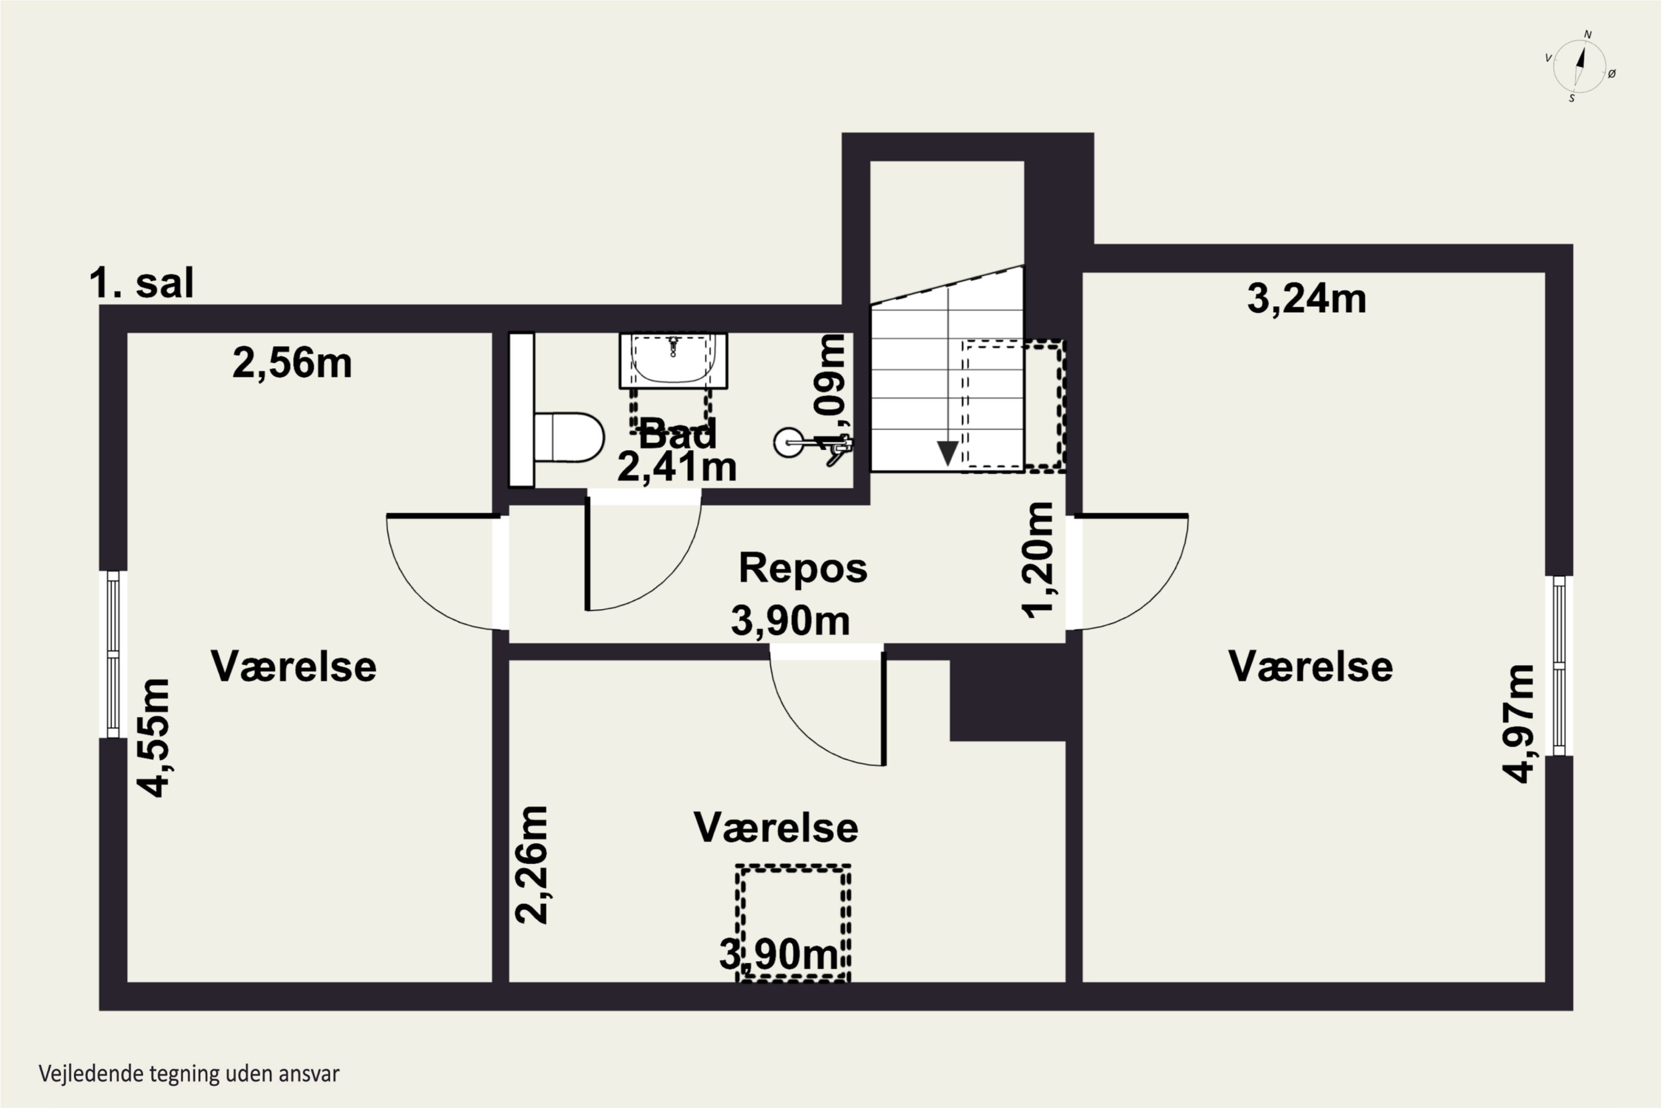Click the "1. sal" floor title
(x=141, y=284)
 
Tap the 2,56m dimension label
(x=292, y=364)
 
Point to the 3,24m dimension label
(x=1306, y=299)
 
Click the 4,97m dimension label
(x=1518, y=724)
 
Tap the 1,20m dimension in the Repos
(x=1039, y=560)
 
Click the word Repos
(x=803, y=568)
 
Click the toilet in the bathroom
(x=569, y=437)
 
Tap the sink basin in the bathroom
(x=673, y=360)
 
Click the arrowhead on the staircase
(x=947, y=453)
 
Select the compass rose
(x=1580, y=66)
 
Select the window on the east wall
(x=1559, y=666)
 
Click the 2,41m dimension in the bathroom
(x=677, y=467)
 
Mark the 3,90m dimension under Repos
(x=790, y=621)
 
